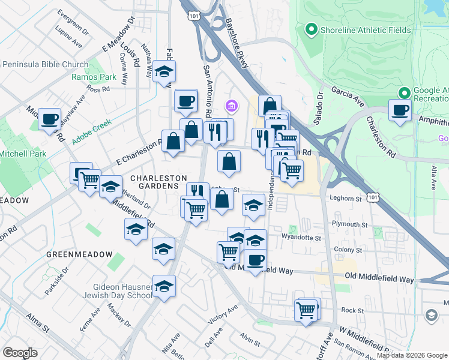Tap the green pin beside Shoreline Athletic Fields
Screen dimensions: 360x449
pos(311,29)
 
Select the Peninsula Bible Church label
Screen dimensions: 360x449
pos(45,65)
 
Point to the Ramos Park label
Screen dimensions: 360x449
pos(94,77)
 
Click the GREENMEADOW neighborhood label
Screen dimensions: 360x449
pos(79,254)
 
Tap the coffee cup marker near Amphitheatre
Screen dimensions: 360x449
pos(399,110)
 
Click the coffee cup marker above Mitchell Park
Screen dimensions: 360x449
pos(50,118)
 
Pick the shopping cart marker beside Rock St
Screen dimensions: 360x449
pos(306,311)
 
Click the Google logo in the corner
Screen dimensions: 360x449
pos(20,352)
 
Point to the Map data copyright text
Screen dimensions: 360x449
pos(412,355)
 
